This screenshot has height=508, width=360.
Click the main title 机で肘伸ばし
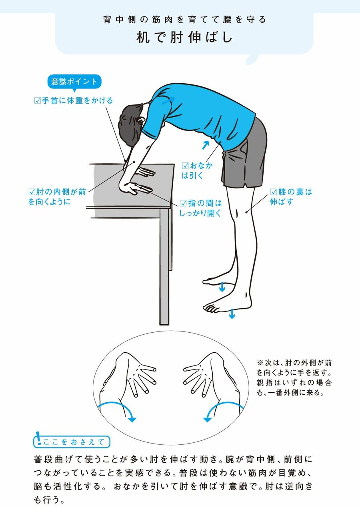pos(185,38)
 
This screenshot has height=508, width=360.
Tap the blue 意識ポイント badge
pos(74,82)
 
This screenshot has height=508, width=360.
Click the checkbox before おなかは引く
pos(185,166)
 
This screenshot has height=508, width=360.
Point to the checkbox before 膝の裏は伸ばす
pos(273,192)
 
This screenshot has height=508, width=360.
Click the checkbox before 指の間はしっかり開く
pos(183,203)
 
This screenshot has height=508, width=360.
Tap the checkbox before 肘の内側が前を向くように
pos(32,192)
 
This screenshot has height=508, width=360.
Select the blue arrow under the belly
pos(205,145)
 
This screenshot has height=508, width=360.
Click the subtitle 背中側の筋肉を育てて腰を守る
pos(185,20)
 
